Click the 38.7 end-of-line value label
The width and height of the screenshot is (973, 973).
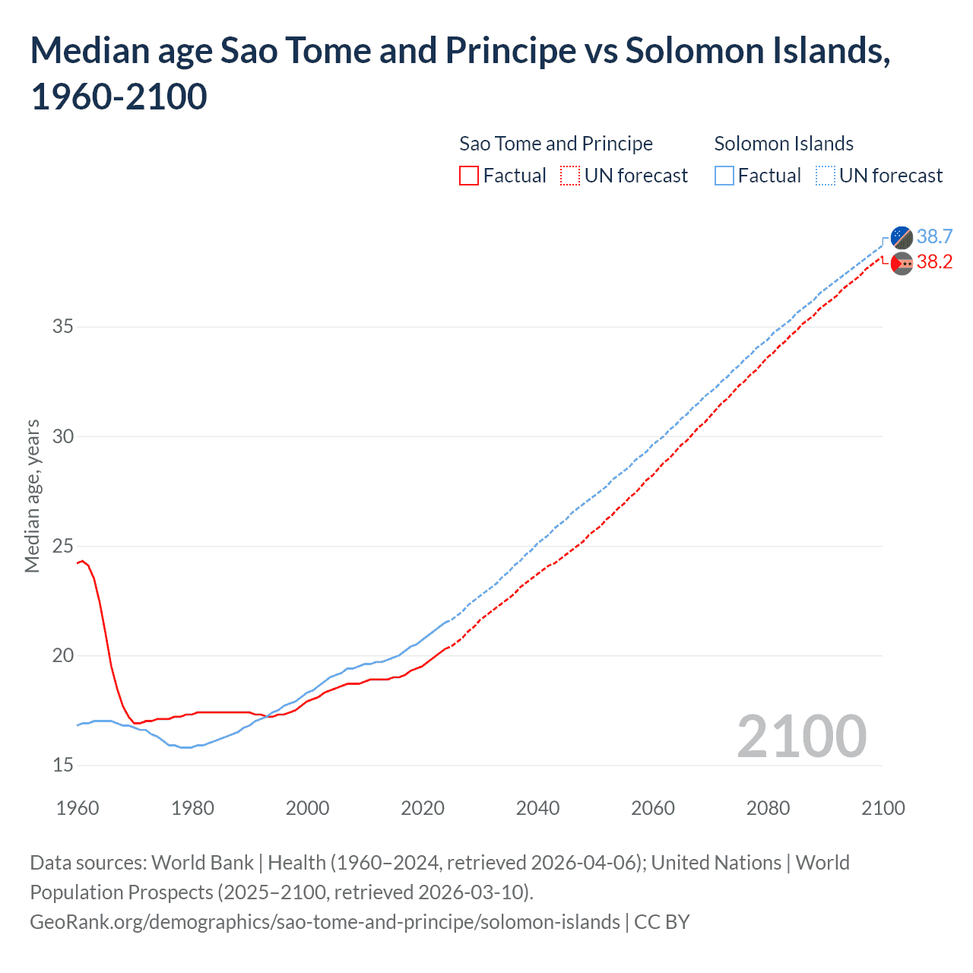click(x=934, y=236)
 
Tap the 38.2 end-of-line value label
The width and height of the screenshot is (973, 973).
click(x=934, y=262)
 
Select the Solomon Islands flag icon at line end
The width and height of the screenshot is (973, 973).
click(x=902, y=237)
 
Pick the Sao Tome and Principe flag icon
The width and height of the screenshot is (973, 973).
click(x=902, y=264)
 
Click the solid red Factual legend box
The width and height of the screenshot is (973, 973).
click(x=469, y=176)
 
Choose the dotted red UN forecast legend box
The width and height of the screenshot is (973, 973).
click(x=570, y=176)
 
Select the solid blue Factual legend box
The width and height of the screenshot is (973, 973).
click(x=724, y=176)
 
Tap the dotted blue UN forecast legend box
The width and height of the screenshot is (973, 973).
click(x=825, y=176)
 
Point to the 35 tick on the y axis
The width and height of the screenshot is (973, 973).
click(x=63, y=327)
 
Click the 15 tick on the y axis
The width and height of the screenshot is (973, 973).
click(x=63, y=765)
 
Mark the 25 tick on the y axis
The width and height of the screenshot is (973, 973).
click(x=63, y=546)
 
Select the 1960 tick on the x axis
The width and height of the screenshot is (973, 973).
click(x=78, y=808)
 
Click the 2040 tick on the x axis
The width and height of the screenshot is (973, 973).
click(x=537, y=808)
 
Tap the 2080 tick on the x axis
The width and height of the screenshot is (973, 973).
click(x=768, y=808)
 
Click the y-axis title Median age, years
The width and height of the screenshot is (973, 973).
click(x=32, y=496)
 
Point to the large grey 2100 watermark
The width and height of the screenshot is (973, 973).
click(x=801, y=736)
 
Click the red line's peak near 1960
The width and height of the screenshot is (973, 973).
click(x=82, y=561)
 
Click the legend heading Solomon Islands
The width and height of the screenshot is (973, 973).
click(x=784, y=144)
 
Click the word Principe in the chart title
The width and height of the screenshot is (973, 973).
click(x=511, y=51)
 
